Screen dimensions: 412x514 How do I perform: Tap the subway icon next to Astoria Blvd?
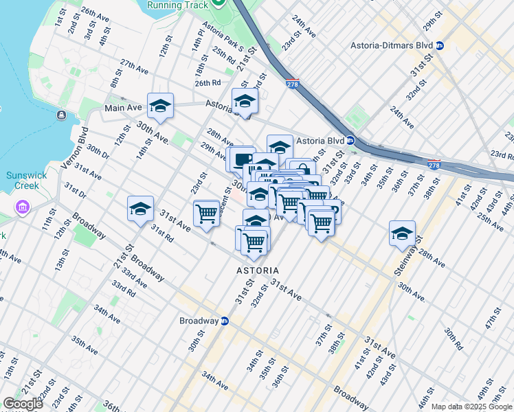click(x=350, y=140)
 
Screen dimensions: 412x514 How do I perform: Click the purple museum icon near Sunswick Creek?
click(x=23, y=207)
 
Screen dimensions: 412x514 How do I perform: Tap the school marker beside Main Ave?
click(x=160, y=106)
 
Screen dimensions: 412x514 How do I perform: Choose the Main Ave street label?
click(x=123, y=108)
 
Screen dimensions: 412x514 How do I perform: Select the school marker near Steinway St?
click(x=402, y=233)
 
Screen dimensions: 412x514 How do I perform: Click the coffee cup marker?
click(x=241, y=160)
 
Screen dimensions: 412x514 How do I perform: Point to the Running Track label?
click(x=178, y=3)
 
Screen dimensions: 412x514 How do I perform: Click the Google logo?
click(x=23, y=404)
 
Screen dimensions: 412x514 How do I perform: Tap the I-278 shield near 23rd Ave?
click(x=291, y=84)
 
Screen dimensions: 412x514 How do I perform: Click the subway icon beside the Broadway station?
click(x=224, y=321)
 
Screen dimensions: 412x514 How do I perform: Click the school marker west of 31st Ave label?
click(x=140, y=209)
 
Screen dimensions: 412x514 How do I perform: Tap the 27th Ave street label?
click(x=134, y=67)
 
